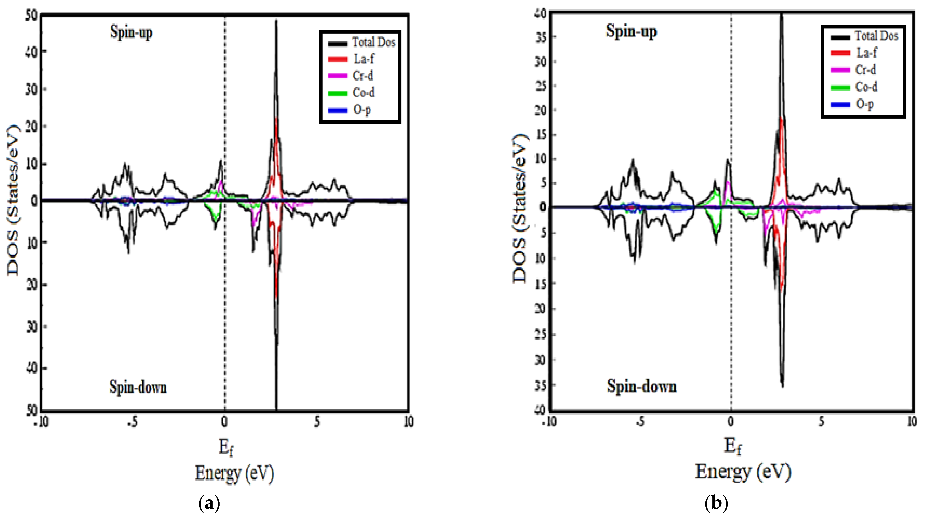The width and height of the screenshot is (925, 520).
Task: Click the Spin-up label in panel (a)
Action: click(x=131, y=32)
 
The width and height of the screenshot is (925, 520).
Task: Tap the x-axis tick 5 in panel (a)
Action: click(x=317, y=422)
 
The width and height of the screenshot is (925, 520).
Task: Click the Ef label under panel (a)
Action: click(x=226, y=448)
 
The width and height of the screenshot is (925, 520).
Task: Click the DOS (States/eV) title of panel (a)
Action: click(x=13, y=200)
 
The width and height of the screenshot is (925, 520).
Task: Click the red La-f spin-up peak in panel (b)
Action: click(x=781, y=120)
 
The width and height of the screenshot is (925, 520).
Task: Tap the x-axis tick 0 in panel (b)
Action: click(x=730, y=422)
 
